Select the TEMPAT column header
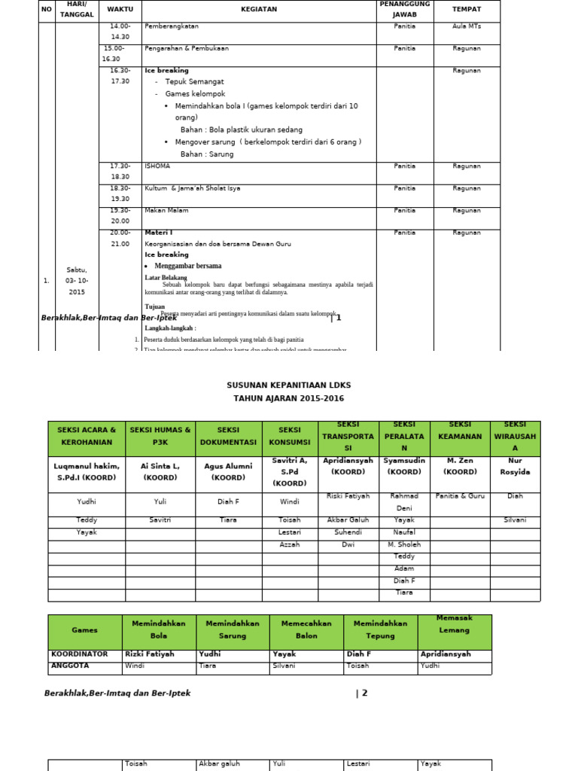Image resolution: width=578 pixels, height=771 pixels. pos(467,9)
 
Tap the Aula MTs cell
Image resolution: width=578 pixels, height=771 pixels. pos(467,26)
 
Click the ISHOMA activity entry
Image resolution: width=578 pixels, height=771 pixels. pos(157,166)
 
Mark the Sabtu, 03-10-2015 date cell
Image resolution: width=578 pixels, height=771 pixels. pos(76,280)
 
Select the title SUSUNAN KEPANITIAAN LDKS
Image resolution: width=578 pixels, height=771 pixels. pos(288,385)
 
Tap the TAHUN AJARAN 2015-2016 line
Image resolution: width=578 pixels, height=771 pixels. pos(288,398)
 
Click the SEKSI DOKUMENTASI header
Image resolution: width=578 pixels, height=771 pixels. pos(228,437)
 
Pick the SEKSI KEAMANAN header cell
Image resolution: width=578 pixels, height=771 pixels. pos(460,437)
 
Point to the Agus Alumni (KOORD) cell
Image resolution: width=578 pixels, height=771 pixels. pos(228,471)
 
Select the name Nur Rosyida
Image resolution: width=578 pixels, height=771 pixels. pos(515,466)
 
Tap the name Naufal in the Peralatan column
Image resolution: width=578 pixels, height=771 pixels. pos(404,532)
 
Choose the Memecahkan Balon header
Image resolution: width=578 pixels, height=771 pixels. pos(306,629)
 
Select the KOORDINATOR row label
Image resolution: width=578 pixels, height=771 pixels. pos(80,654)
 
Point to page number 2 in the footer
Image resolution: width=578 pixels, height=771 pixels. pos(363,693)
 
